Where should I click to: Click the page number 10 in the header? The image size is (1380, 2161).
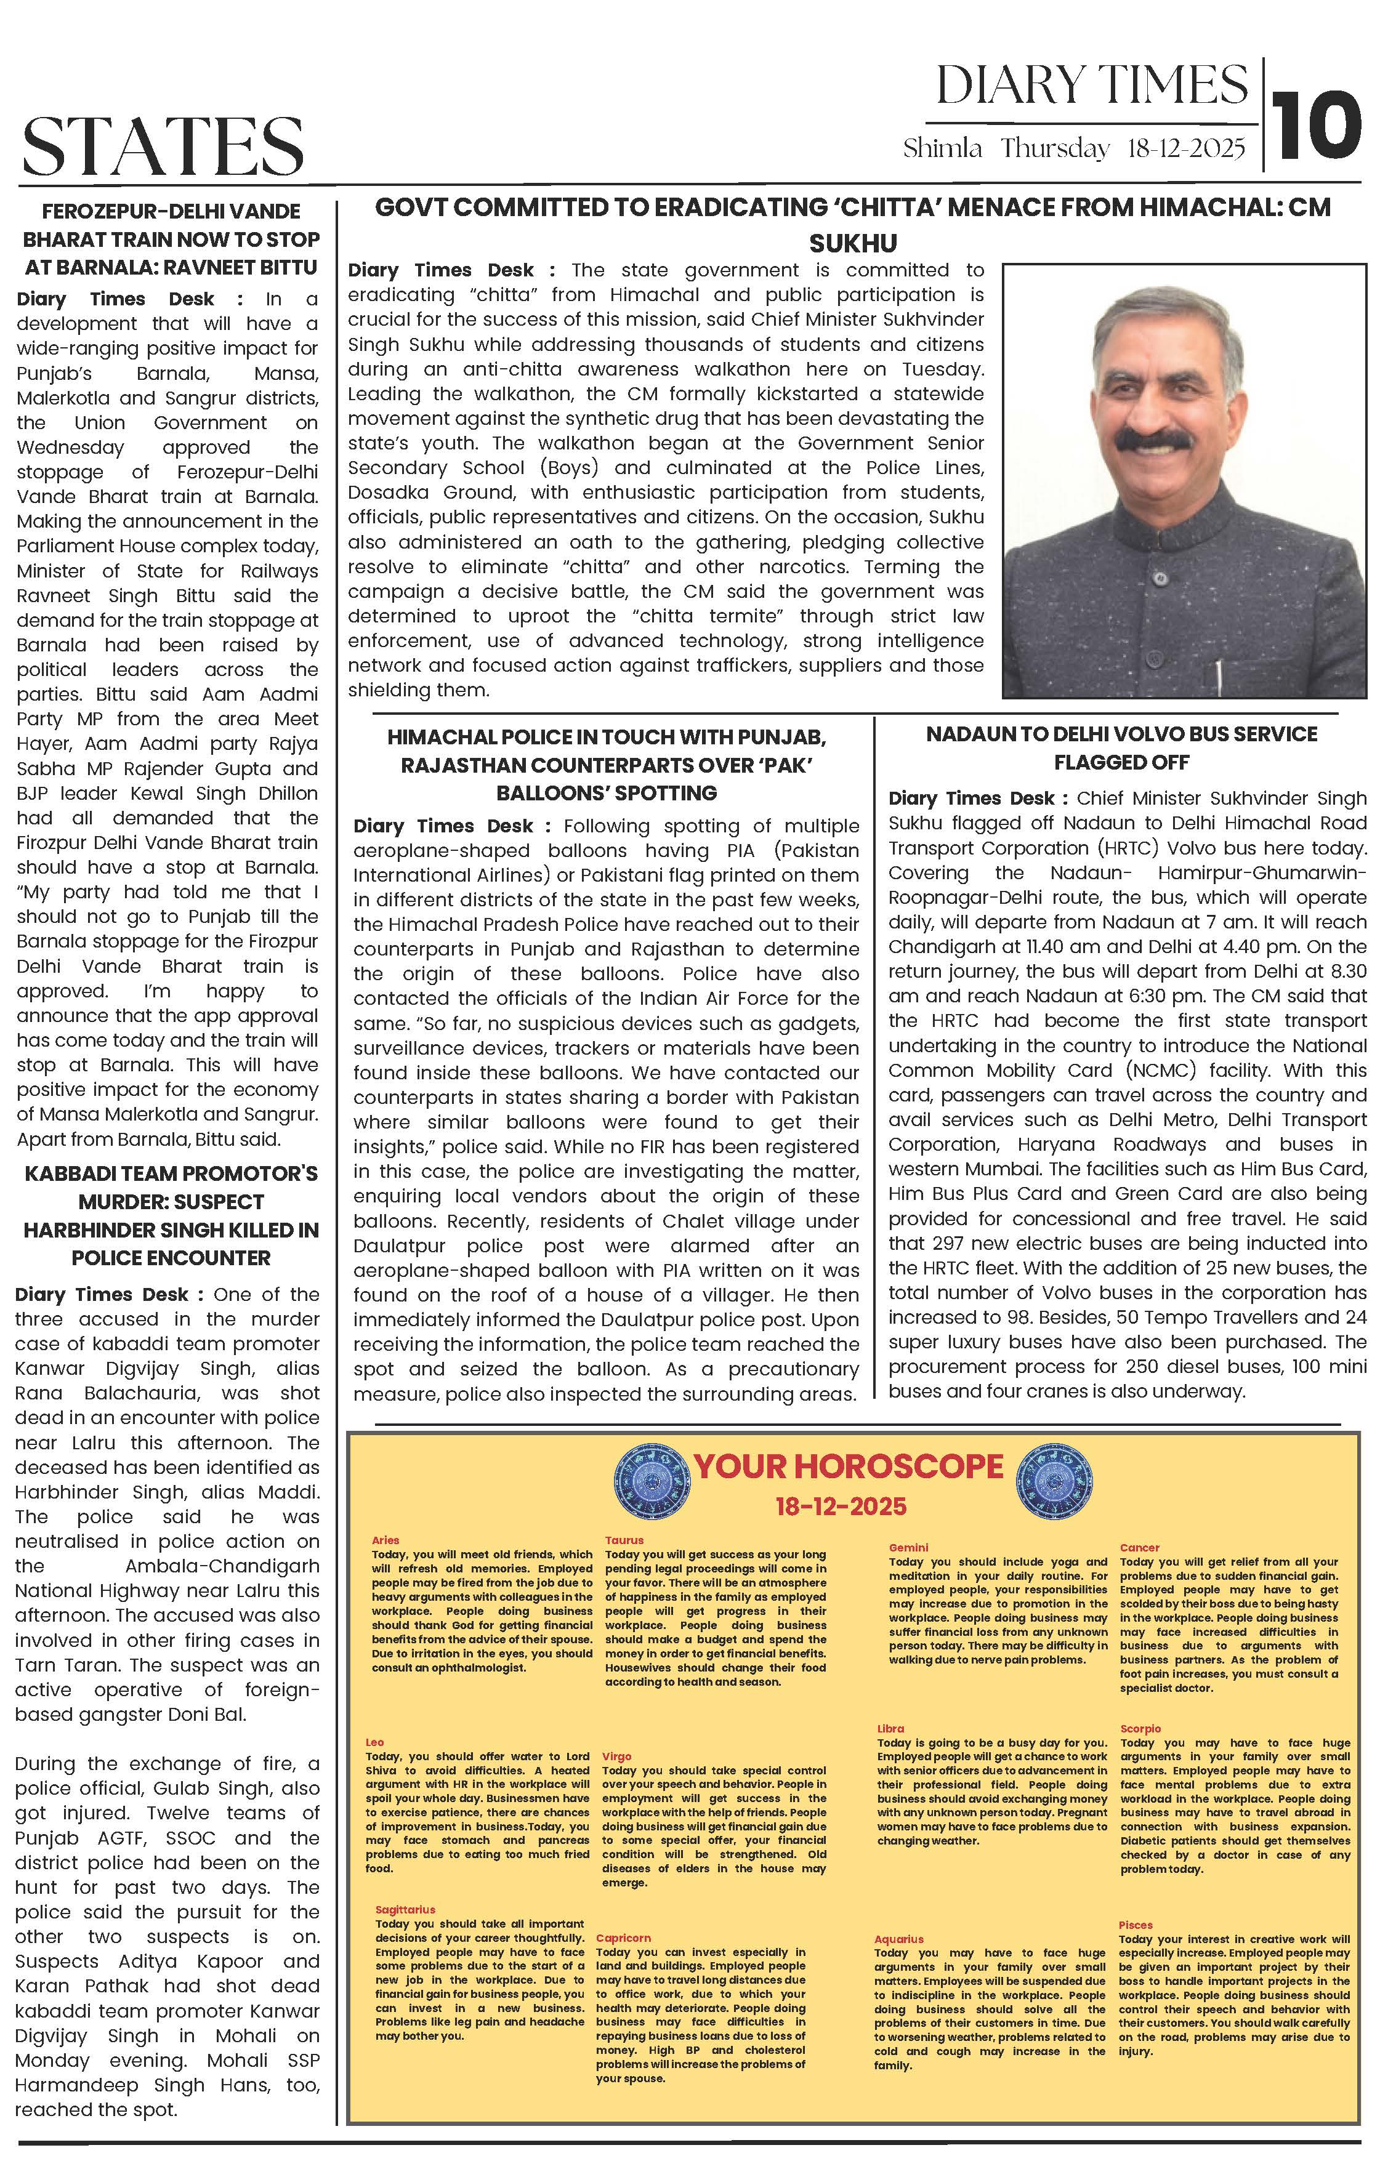(x=1317, y=126)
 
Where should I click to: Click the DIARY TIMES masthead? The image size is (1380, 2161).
(x=1092, y=86)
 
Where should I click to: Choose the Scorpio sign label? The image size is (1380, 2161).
(x=1140, y=1747)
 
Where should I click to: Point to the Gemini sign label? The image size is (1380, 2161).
(x=909, y=1547)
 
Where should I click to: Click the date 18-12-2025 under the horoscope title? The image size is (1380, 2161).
(x=841, y=1506)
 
